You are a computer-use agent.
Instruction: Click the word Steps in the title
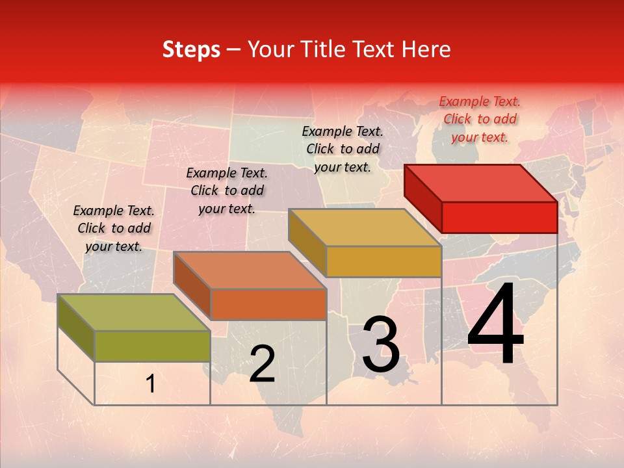[191, 49]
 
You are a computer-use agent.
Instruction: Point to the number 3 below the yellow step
[381, 344]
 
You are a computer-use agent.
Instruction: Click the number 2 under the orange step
[262, 364]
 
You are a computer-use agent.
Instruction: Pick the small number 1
[151, 384]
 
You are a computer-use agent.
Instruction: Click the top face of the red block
[480, 183]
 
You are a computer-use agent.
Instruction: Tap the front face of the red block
[499, 217]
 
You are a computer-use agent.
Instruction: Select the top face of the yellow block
[365, 227]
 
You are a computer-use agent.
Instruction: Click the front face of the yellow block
[383, 262]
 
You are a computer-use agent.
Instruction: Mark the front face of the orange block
[268, 304]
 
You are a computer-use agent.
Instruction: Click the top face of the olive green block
[134, 313]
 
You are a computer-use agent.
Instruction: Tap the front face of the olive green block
[152, 346]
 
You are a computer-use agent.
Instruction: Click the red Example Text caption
[480, 119]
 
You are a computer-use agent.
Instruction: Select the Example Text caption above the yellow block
[343, 149]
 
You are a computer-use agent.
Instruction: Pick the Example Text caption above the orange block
[227, 190]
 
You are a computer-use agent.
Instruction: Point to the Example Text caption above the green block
[114, 228]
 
